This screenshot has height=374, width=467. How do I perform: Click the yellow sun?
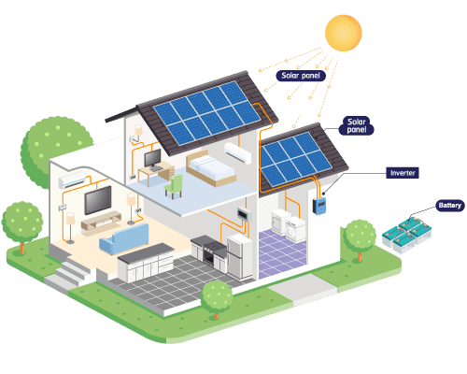344,33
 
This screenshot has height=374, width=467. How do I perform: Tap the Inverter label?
403,173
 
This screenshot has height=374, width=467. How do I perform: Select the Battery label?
450,206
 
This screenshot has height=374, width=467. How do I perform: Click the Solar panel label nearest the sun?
301,76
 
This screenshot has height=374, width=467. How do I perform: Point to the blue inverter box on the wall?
319,206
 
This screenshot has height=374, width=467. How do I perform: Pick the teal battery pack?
406,236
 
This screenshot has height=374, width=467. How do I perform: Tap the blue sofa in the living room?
124,238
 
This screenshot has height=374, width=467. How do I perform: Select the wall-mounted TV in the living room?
98,200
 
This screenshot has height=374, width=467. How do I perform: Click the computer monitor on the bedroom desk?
152,158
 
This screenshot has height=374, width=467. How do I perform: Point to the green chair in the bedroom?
174,187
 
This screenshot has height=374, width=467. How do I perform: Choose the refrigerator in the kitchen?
239,257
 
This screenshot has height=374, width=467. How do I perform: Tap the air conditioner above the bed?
238,153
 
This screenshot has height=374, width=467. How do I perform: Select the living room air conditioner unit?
73,180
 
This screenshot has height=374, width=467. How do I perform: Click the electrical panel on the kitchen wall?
245,214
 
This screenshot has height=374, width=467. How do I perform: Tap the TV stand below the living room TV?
102,221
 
